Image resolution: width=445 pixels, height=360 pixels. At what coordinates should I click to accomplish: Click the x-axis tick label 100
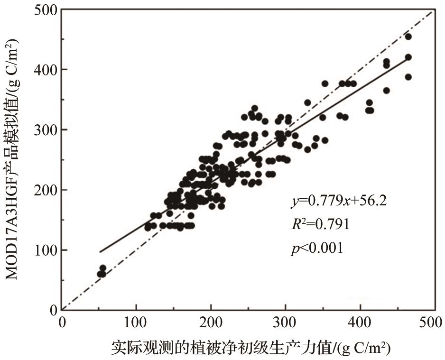(x=136, y=322)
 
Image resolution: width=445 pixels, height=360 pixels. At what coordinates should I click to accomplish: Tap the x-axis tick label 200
(x=211, y=322)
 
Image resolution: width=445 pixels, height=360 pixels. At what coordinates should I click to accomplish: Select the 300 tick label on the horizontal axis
(x=285, y=322)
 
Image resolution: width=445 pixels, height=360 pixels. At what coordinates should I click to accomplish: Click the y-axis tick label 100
(x=46, y=250)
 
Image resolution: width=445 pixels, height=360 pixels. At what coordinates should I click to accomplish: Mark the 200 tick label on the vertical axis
(x=46, y=190)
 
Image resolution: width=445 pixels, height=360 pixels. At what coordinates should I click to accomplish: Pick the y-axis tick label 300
(x=46, y=129)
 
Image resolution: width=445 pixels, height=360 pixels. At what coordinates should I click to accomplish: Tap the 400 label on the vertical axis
(x=46, y=70)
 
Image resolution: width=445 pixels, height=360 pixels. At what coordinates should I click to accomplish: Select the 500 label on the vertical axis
(x=46, y=10)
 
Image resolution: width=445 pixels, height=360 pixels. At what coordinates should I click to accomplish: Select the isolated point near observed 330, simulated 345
(x=307, y=102)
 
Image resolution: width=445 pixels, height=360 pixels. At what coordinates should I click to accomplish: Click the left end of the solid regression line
(x=100, y=252)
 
